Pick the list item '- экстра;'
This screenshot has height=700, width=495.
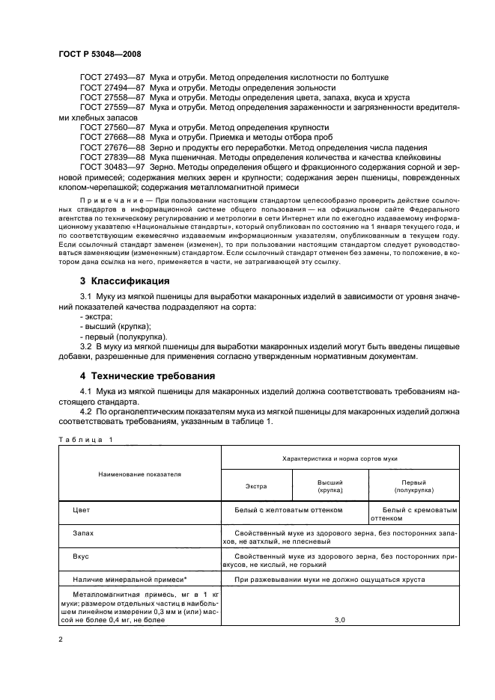coord(96,316)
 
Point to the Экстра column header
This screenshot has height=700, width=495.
coord(256,487)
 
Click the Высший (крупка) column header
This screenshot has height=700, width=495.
coord(330,487)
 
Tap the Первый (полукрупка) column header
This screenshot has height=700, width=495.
coord(413,487)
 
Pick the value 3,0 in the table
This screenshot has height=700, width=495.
coord(338,620)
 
